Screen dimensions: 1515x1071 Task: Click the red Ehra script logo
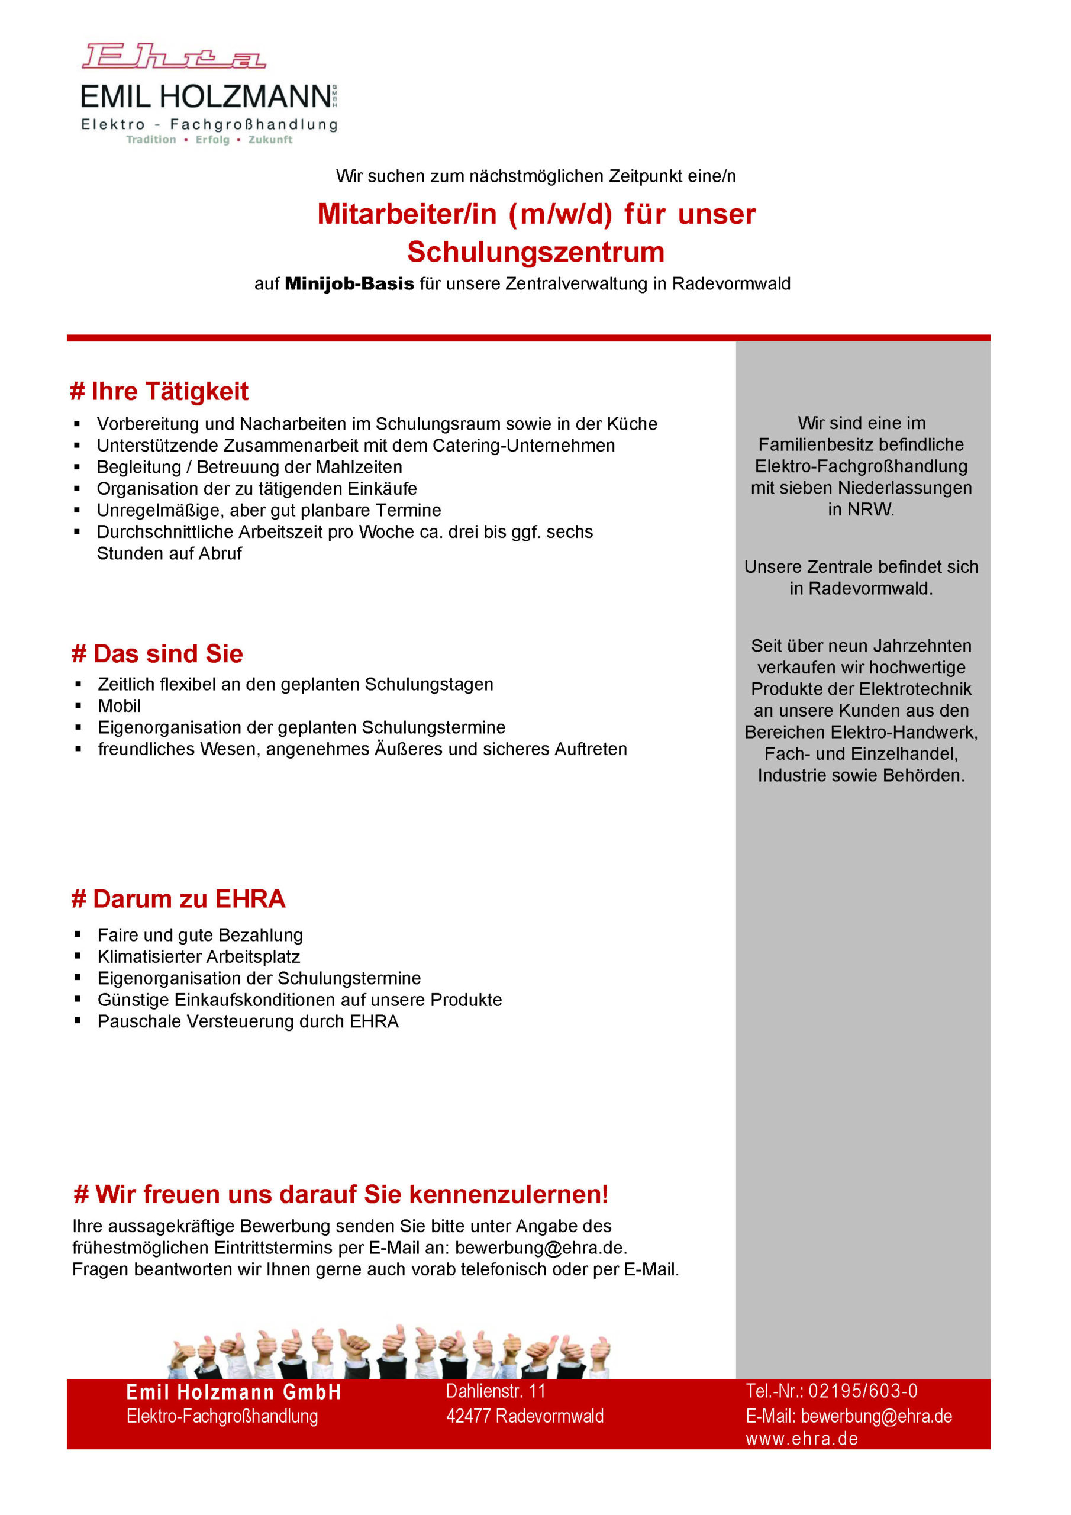[x=173, y=57]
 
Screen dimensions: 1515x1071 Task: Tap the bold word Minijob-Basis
[x=349, y=283]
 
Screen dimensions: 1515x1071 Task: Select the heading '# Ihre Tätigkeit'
[x=159, y=391]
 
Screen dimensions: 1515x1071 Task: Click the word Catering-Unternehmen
[x=523, y=446]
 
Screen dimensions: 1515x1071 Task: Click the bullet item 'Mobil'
[x=120, y=706]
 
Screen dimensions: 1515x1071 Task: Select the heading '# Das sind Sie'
[x=157, y=654]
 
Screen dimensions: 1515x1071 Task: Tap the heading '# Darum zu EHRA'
[x=178, y=899]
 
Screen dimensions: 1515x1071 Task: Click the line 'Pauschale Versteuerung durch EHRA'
[x=248, y=1021]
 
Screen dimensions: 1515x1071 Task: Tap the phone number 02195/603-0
[x=863, y=1391]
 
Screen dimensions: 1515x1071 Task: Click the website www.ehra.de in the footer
[x=802, y=1439]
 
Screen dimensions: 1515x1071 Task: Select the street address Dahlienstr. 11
[x=496, y=1391]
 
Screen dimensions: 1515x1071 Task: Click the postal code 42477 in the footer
[x=468, y=1416]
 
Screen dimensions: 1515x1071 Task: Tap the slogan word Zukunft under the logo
[x=270, y=140]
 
